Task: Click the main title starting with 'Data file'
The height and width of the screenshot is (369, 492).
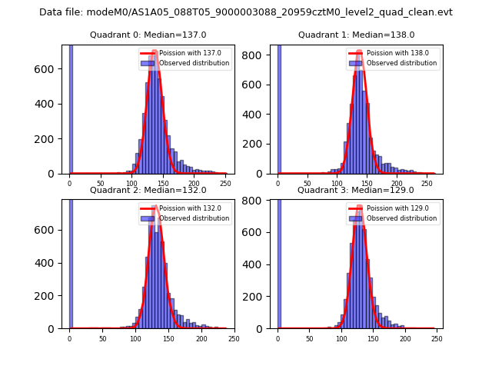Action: pos(246,12)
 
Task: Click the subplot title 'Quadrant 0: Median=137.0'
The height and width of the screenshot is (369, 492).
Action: pos(148,35)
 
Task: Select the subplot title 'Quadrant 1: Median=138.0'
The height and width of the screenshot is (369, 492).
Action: pos(356,35)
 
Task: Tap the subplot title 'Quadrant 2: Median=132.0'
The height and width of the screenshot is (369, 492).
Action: pos(148,190)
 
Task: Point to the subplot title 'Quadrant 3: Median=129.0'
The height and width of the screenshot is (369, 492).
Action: pos(356,190)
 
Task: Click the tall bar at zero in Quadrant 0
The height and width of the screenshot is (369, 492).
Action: pos(71,108)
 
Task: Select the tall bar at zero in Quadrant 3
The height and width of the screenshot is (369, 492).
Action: pos(278,261)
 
